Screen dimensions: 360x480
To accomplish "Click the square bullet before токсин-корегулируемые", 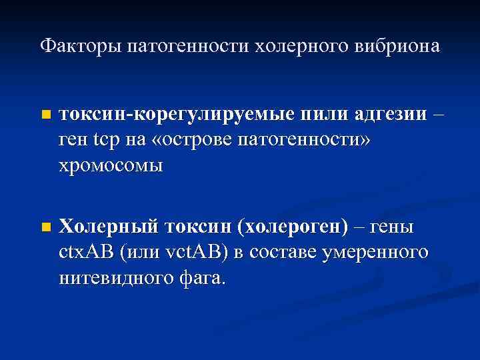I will (45, 115).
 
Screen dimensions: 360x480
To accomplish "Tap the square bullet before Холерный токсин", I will (45, 227).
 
